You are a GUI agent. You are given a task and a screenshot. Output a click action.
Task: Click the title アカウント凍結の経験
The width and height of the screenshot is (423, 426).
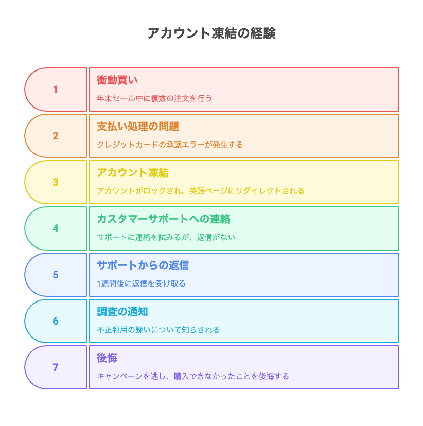[211, 33]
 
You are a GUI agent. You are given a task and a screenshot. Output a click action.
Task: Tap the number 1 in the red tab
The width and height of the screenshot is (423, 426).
[56, 90]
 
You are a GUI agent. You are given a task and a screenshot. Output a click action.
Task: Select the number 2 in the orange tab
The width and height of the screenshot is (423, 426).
[56, 136]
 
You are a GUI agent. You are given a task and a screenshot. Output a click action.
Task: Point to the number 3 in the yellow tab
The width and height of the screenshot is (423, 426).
[56, 182]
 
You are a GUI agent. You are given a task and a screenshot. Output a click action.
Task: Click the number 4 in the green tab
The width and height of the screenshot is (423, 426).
[56, 228]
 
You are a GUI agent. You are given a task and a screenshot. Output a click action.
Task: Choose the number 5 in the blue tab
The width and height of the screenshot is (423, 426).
[56, 275]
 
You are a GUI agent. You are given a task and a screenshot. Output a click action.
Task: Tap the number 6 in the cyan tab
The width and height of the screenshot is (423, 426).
[56, 321]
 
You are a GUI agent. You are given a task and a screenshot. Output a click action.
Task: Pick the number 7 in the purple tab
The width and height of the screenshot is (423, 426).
[56, 367]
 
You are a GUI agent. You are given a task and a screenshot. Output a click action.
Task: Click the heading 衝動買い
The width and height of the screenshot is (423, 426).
[117, 80]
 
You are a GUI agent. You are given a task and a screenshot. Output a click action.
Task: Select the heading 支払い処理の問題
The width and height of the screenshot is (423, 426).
[138, 127]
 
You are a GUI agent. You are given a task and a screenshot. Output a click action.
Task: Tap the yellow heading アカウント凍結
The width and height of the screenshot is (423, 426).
[133, 173]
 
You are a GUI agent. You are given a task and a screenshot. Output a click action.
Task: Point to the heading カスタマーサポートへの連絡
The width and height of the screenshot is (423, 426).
[164, 219]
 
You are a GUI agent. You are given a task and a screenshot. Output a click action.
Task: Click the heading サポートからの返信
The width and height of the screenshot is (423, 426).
[143, 265]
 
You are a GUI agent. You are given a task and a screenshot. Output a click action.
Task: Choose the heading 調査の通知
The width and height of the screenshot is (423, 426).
[122, 312]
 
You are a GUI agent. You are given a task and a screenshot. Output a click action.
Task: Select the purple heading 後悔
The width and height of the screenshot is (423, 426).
[107, 358]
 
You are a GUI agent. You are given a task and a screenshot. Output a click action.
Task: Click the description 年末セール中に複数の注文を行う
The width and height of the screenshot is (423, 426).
[154, 98]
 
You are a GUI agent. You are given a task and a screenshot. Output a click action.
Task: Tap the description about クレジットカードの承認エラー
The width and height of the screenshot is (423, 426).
[170, 145]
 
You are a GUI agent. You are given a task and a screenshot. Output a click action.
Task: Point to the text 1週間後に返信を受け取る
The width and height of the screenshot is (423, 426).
[142, 283]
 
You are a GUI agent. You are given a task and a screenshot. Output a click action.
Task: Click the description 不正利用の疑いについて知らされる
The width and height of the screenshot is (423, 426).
[158, 330]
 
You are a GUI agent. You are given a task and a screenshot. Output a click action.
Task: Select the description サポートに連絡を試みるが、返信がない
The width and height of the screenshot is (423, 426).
[166, 237]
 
